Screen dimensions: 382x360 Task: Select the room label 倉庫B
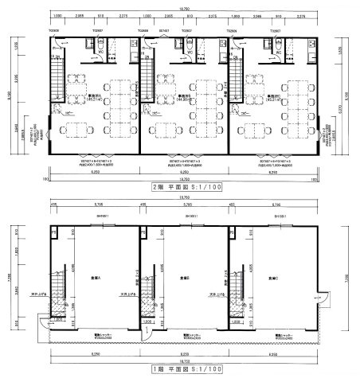185,278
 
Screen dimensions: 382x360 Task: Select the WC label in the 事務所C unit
240,58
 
